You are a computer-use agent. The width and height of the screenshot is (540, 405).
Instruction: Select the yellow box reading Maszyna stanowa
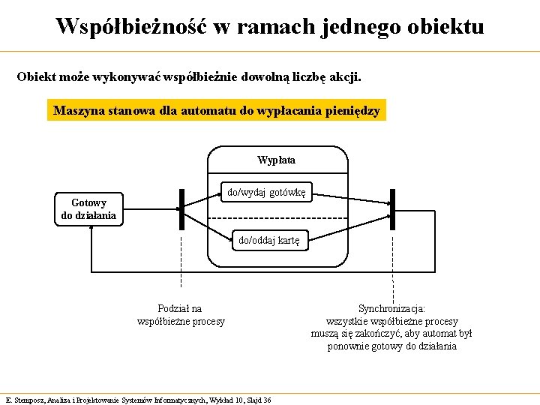tap(217, 111)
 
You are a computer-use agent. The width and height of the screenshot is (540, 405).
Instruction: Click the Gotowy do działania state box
tap(88, 209)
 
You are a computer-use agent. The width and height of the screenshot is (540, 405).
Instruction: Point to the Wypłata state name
tap(276, 160)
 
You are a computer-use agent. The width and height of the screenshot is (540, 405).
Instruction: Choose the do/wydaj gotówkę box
tap(266, 192)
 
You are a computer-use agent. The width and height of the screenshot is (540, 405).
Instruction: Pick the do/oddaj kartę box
tap(268, 240)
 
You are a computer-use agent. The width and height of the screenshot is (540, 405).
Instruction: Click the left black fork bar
tap(181, 209)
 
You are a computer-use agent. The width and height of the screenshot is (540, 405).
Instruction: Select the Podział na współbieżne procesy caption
tap(181, 315)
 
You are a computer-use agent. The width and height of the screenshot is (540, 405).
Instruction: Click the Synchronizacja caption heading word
tap(391, 308)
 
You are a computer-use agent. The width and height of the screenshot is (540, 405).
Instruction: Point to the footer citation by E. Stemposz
tap(138, 399)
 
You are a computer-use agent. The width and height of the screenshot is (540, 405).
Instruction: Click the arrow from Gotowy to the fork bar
tap(150, 209)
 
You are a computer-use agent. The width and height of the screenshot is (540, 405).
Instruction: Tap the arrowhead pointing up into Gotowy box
tap(91, 229)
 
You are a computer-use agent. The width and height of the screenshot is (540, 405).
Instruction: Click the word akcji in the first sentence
tap(346, 76)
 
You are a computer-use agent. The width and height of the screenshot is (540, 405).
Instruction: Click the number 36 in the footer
tap(267, 399)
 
